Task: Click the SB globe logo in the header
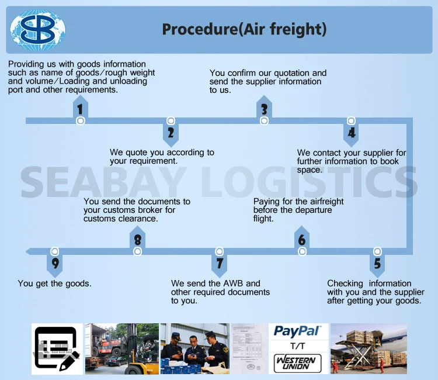coord(38,29)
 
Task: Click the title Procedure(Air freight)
coord(244,29)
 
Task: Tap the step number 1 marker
coord(80,109)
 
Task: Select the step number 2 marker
coord(171,133)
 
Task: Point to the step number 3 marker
coord(264,109)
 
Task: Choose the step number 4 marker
coord(351,133)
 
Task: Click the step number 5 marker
coord(377,264)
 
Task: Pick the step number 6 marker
coord(302,240)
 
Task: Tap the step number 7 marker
coord(220,264)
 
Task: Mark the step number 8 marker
coord(137,240)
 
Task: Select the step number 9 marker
coord(55,264)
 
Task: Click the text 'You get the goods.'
coord(55,284)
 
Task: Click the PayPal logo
coord(297,331)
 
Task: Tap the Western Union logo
coord(297,362)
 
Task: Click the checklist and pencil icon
coord(57,349)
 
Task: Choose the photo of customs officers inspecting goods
coord(194,349)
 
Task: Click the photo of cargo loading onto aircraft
coord(369,349)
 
